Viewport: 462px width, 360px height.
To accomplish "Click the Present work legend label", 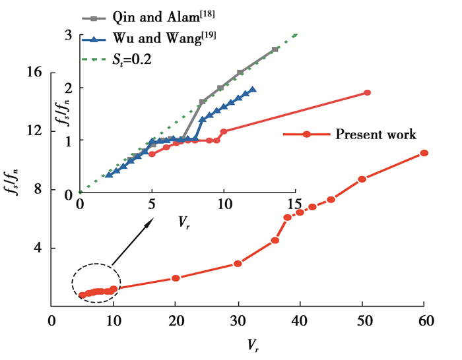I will tap(376, 135).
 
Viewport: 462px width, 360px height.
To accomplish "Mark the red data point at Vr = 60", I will tap(424, 153).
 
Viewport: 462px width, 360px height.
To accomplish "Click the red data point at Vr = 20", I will tap(176, 278).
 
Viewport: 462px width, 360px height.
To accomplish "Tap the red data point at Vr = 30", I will tap(238, 264).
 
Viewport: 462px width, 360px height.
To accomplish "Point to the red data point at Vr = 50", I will tap(362, 179).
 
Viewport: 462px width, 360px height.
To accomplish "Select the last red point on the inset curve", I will tap(367, 93).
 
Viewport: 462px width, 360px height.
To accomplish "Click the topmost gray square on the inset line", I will tap(275, 50).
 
